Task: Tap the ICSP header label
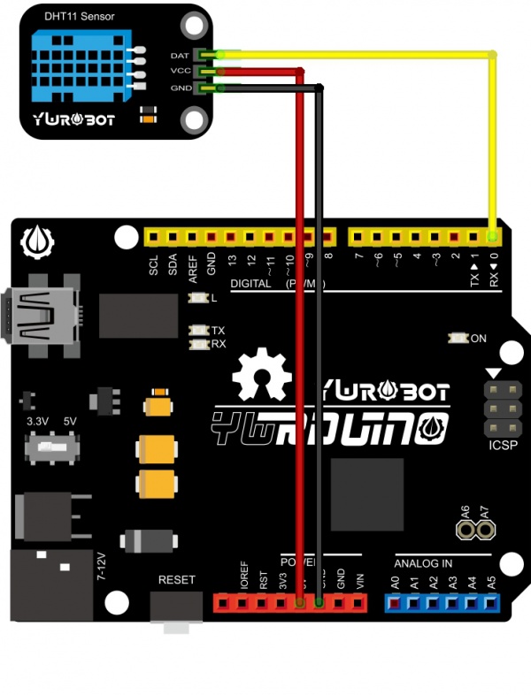[x=501, y=446]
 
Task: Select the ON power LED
[x=458, y=338]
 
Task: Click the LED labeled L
[x=197, y=298]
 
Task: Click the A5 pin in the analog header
[x=491, y=603]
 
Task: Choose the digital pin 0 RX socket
[x=492, y=237]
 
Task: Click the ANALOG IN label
[x=423, y=562]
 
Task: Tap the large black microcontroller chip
[x=366, y=494]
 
